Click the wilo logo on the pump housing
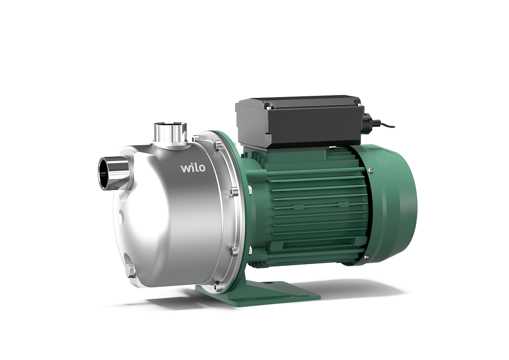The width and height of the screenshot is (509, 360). click(193, 168)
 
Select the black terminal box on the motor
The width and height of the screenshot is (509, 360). click(299, 122)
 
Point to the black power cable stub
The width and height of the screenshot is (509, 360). click(384, 125)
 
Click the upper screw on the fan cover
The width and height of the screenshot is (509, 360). click(370, 169)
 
